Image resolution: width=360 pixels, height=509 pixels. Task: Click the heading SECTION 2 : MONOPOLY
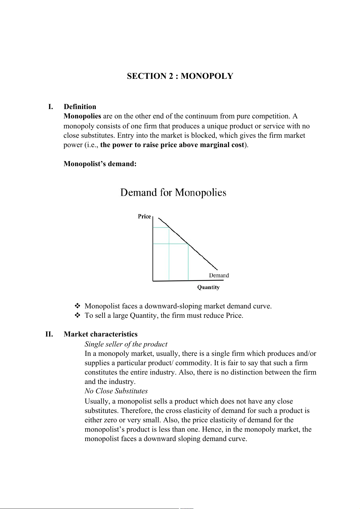click(180, 76)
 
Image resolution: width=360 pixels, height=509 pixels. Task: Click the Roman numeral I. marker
click(51, 107)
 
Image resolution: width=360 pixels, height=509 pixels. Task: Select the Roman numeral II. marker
click(49, 334)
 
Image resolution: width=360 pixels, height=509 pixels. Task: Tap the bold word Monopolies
click(82, 116)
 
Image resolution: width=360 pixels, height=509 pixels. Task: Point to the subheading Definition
click(80, 107)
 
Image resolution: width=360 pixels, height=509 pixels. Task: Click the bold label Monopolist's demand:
click(100, 164)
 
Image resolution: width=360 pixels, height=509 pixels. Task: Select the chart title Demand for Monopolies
click(173, 192)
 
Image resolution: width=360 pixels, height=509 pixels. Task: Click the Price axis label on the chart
click(144, 216)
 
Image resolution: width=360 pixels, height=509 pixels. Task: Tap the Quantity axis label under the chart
click(208, 287)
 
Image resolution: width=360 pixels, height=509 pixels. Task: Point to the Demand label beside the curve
click(219, 275)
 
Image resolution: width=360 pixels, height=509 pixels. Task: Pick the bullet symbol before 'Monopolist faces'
click(77, 306)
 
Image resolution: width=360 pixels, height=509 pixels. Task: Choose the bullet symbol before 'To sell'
click(77, 315)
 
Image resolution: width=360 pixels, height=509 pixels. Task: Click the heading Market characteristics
click(100, 334)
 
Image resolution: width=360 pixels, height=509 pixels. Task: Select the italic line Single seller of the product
click(126, 344)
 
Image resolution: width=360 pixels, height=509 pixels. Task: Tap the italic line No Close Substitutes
click(116, 391)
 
